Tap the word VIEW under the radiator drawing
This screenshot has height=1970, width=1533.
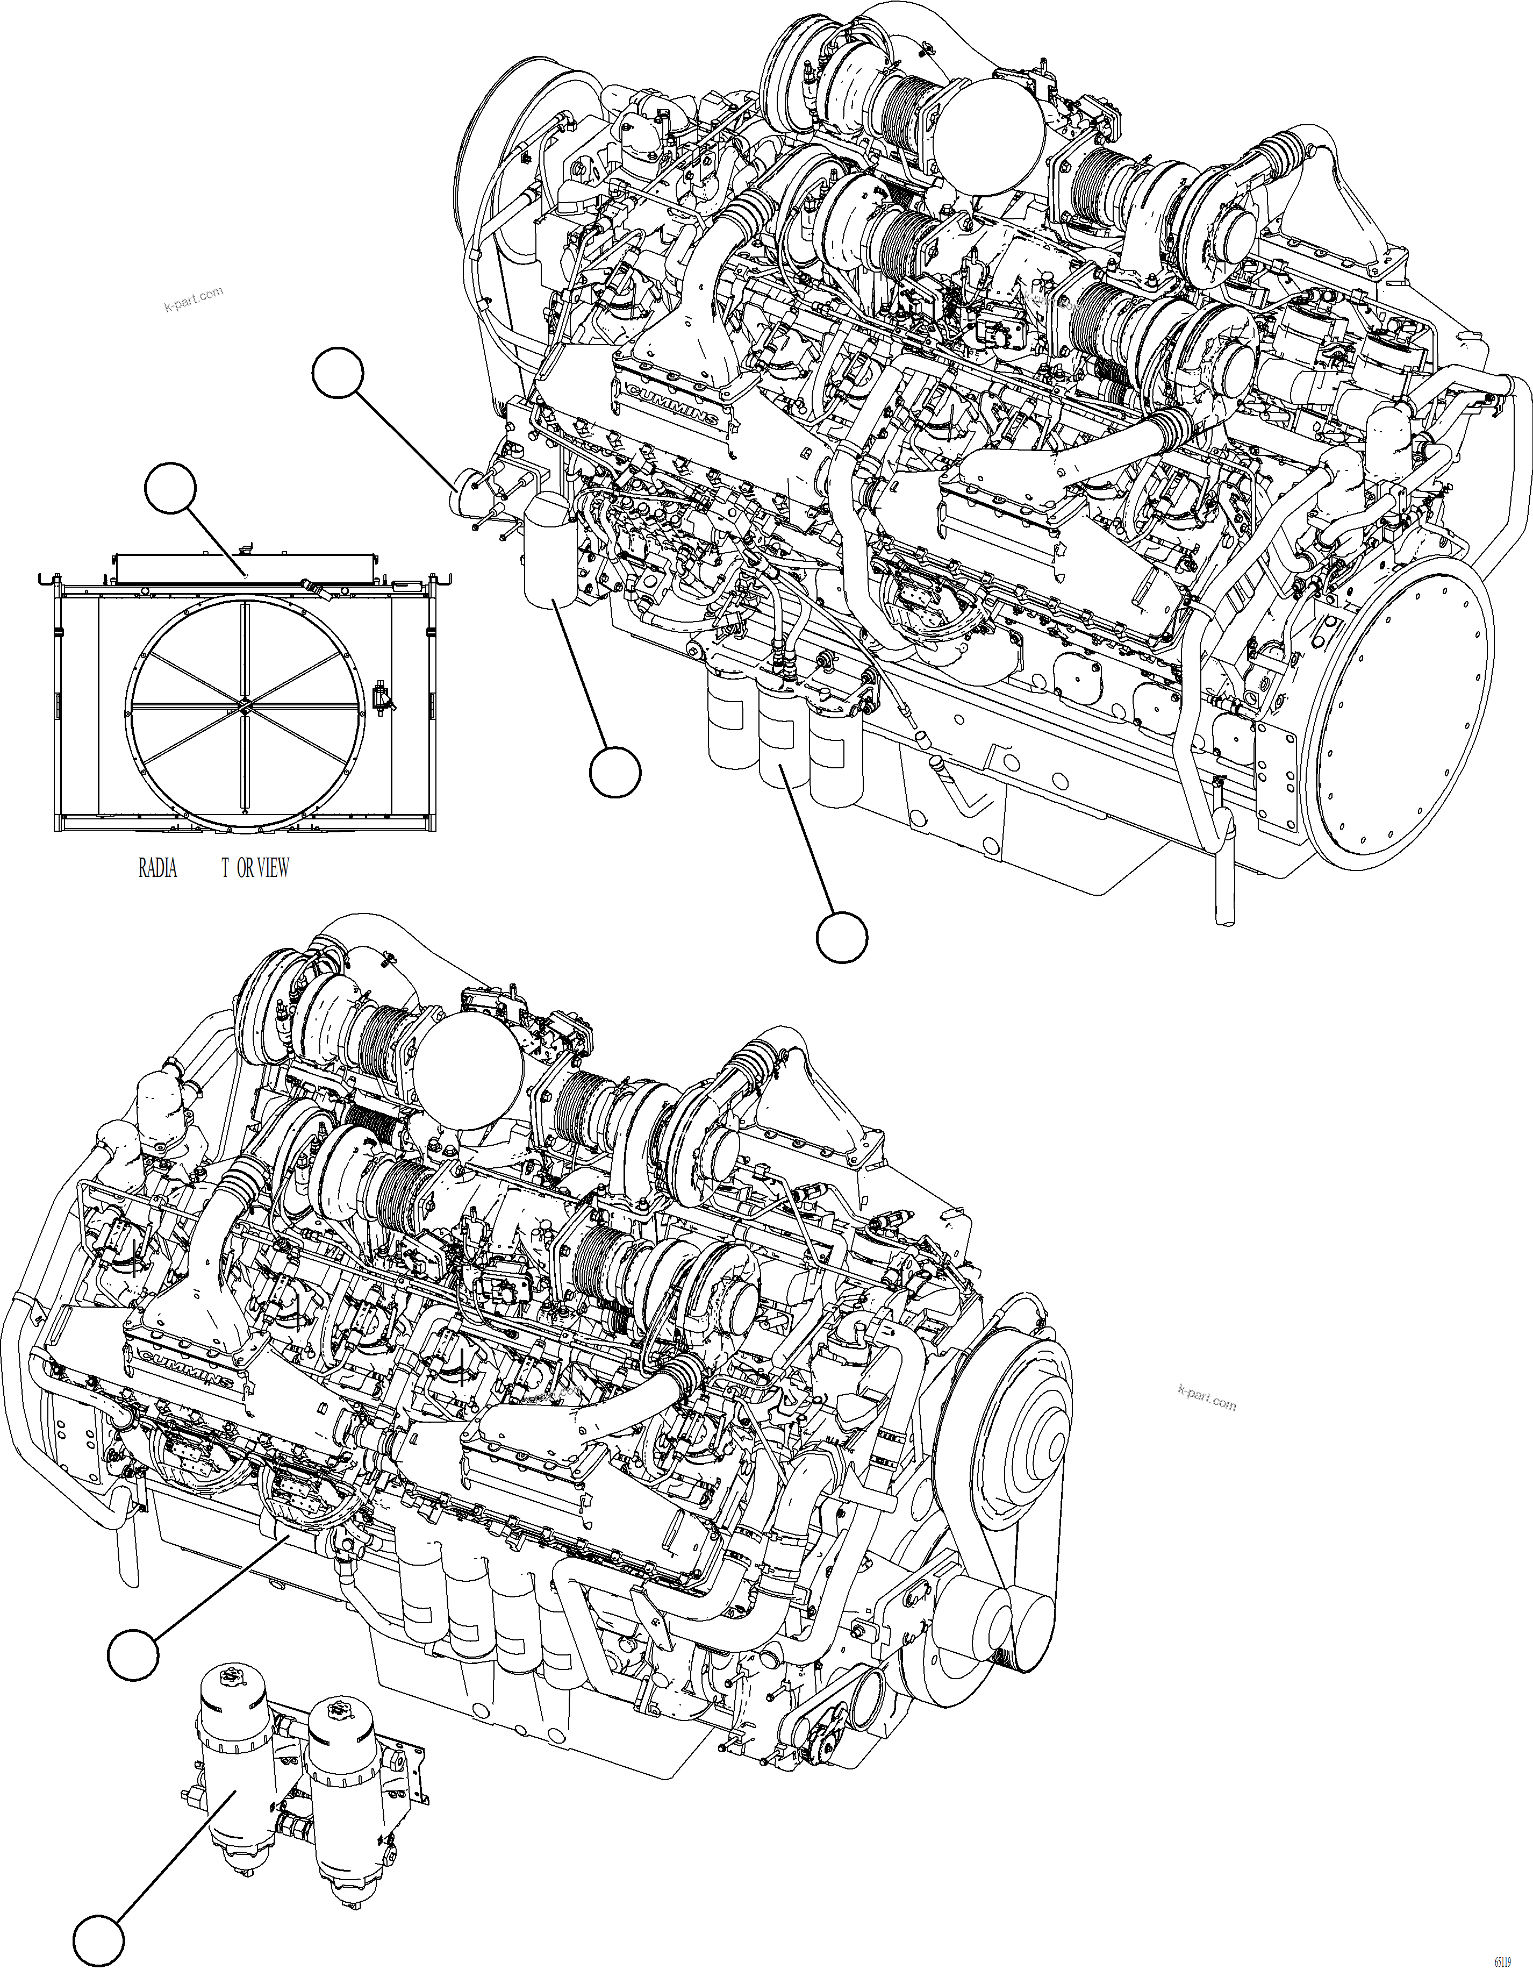(273, 868)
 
